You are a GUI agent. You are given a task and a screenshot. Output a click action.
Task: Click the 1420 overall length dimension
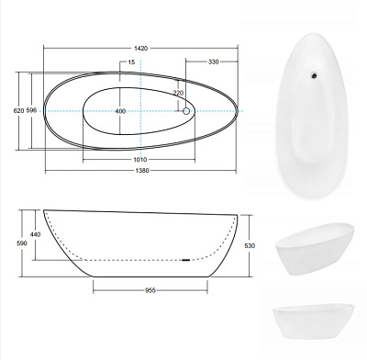pyautogui.click(x=140, y=49)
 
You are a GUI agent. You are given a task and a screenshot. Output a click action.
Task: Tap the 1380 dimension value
pyautogui.click(x=141, y=171)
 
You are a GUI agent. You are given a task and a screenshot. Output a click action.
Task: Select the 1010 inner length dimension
pyautogui.click(x=140, y=160)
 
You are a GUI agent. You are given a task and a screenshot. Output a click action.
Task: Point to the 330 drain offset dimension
pyautogui.click(x=213, y=62)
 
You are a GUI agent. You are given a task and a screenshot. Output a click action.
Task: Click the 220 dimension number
pyautogui.click(x=178, y=93)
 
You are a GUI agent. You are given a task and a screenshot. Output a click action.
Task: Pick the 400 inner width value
pyautogui.click(x=120, y=111)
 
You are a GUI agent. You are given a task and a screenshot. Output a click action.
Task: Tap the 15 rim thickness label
pyautogui.click(x=131, y=62)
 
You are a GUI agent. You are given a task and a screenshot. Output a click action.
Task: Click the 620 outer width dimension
pyautogui.click(x=18, y=110)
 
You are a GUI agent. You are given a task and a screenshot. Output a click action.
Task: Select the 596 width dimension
pyautogui.click(x=31, y=110)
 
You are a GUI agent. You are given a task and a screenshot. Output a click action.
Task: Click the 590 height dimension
pyautogui.click(x=22, y=243)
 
